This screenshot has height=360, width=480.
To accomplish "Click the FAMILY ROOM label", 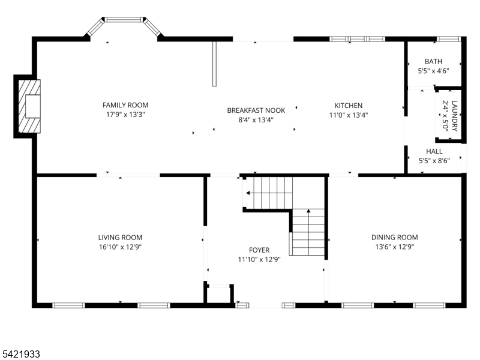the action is click(x=125, y=106).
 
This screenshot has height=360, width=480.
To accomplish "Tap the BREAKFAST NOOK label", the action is click(x=256, y=110).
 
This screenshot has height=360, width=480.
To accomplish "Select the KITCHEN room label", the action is click(x=349, y=106).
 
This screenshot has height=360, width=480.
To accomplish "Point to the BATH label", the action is click(x=433, y=61).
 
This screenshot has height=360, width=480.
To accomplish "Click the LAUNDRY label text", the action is click(x=454, y=116).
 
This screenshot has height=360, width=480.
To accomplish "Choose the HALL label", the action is click(x=434, y=151).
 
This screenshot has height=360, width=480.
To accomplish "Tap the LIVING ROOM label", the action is click(x=120, y=238).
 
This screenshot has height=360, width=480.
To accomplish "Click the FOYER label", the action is click(x=259, y=250).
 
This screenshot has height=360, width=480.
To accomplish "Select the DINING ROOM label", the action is click(x=394, y=237).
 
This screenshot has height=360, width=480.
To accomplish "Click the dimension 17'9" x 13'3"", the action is click(x=125, y=115).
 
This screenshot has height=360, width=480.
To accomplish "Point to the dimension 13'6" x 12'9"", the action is click(x=394, y=247).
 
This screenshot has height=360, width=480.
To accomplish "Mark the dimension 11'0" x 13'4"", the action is click(x=349, y=115).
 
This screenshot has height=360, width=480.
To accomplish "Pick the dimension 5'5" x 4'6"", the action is click(x=433, y=71).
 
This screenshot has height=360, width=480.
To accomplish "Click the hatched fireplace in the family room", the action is click(x=29, y=106).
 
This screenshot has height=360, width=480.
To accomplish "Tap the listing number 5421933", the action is click(x=20, y=354).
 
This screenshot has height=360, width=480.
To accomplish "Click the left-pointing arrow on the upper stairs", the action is click(x=248, y=193).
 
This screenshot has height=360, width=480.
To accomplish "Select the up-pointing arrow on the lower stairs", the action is click(x=308, y=211).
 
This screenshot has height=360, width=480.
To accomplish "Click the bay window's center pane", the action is click(x=124, y=20).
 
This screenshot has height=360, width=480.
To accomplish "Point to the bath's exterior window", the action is click(x=448, y=39).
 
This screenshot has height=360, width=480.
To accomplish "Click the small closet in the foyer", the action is click(x=218, y=295).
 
